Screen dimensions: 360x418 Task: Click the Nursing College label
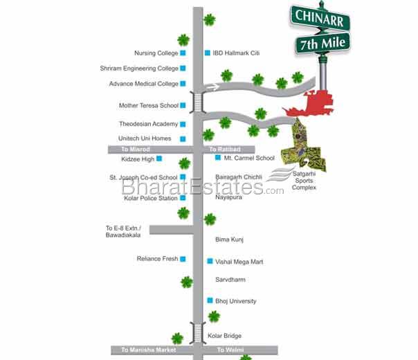click(156, 53)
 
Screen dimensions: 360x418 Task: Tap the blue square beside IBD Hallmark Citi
click(207, 53)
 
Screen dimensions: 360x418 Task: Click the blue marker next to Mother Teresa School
click(183, 106)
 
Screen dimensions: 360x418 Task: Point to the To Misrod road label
click(136, 150)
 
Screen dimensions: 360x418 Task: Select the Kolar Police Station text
click(151, 198)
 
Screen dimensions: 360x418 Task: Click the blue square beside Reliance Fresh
click(183, 259)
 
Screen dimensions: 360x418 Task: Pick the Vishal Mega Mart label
click(239, 262)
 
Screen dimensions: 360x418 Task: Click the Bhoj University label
click(236, 301)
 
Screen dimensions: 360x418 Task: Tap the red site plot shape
click(310, 105)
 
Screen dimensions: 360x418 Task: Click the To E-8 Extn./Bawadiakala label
click(123, 231)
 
